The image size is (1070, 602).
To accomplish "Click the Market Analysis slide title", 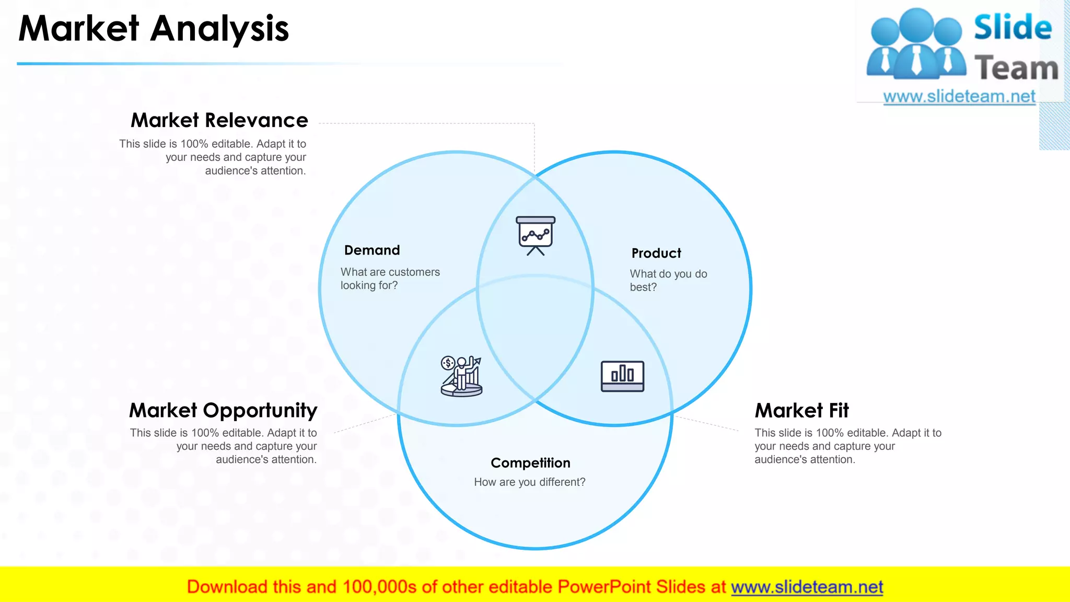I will [154, 29].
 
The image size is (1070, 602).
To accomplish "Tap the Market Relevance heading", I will [219, 120].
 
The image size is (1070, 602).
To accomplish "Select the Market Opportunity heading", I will [223, 410].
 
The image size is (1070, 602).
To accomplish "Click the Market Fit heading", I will [801, 410].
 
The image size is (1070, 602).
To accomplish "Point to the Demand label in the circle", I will [372, 250].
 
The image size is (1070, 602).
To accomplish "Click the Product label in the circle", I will [656, 253].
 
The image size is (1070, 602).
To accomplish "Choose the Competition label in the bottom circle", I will [530, 463].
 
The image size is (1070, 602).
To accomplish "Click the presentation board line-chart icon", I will [536, 235].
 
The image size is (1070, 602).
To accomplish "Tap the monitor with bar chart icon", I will [622, 376].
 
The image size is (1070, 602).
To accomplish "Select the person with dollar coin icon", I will [461, 376].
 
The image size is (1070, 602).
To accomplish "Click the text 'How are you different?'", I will [529, 482].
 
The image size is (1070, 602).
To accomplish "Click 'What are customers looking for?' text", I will [390, 279].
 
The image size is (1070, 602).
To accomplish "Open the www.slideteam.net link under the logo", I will [959, 97].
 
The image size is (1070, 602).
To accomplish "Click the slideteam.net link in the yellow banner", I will [807, 587].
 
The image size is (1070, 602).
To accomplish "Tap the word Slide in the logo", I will [1013, 27].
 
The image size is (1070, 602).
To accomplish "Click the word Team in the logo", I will [1016, 68].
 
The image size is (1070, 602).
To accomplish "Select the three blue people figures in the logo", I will [916, 44].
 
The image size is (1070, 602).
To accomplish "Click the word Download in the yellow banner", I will [227, 587].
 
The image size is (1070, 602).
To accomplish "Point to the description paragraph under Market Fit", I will [847, 446].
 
